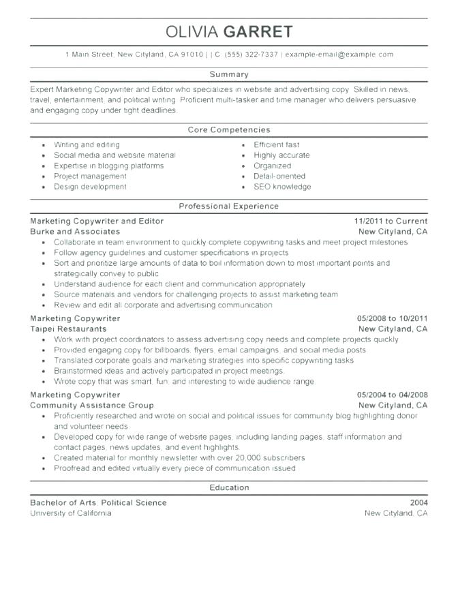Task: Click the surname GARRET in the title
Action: (262, 31)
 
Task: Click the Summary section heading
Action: (229, 74)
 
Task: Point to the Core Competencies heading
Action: (229, 129)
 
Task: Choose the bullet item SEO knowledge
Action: (281, 187)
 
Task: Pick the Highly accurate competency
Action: (281, 155)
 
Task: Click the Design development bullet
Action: (90, 187)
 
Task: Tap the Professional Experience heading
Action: (229, 205)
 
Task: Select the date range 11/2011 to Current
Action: (391, 222)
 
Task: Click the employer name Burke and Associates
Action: (75, 232)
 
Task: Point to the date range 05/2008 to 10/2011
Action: (392, 318)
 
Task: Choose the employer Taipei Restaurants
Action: (68, 329)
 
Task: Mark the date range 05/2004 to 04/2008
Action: (392, 395)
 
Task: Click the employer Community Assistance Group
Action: (91, 405)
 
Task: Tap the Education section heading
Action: (229, 487)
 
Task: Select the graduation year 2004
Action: (418, 503)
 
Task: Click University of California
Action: (70, 513)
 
